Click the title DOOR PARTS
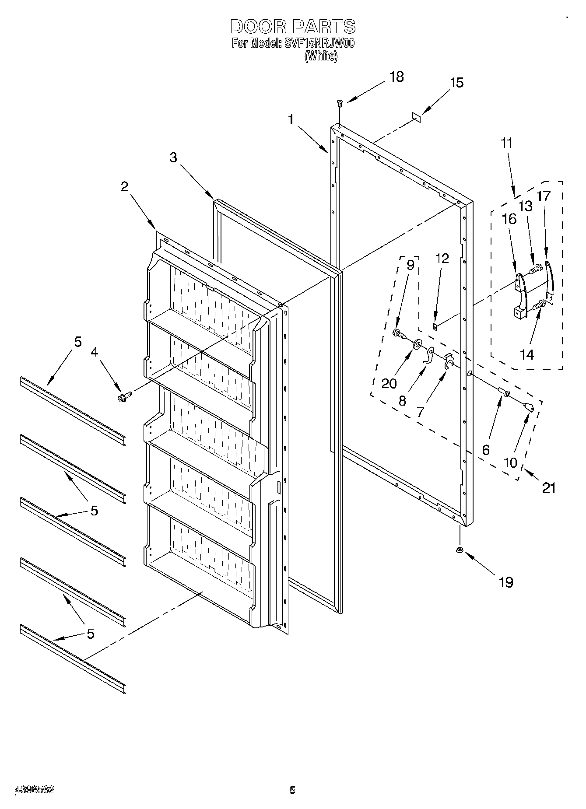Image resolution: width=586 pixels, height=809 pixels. [293, 27]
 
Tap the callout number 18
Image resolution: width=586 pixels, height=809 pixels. [396, 77]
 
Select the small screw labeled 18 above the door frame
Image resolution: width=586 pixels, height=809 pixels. [339, 103]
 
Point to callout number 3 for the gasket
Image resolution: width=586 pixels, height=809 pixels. [173, 158]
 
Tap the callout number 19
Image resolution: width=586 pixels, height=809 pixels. [506, 582]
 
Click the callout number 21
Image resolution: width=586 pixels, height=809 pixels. [549, 488]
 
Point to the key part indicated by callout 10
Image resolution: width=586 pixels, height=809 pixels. [529, 407]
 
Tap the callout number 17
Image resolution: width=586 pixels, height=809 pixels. [544, 196]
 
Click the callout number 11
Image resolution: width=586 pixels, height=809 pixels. [506, 144]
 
